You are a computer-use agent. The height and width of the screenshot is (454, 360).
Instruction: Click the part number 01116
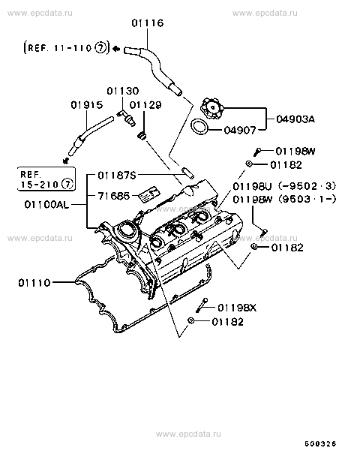coord(148,23)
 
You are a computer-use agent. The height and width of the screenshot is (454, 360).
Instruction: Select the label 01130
coord(123,91)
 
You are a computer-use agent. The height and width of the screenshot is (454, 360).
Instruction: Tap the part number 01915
coord(87,104)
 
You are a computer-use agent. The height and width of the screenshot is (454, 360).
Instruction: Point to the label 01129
coord(145,104)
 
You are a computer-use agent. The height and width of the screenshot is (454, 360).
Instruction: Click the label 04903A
coord(295,119)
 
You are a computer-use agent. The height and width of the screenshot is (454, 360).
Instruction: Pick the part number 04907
coord(240,130)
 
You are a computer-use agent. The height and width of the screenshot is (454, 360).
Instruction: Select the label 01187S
coord(117,175)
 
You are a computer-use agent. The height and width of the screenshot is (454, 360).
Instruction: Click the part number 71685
coord(114,196)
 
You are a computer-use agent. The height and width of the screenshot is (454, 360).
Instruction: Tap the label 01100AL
coord(47,205)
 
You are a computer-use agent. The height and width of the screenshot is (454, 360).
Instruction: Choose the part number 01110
coord(34,282)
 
